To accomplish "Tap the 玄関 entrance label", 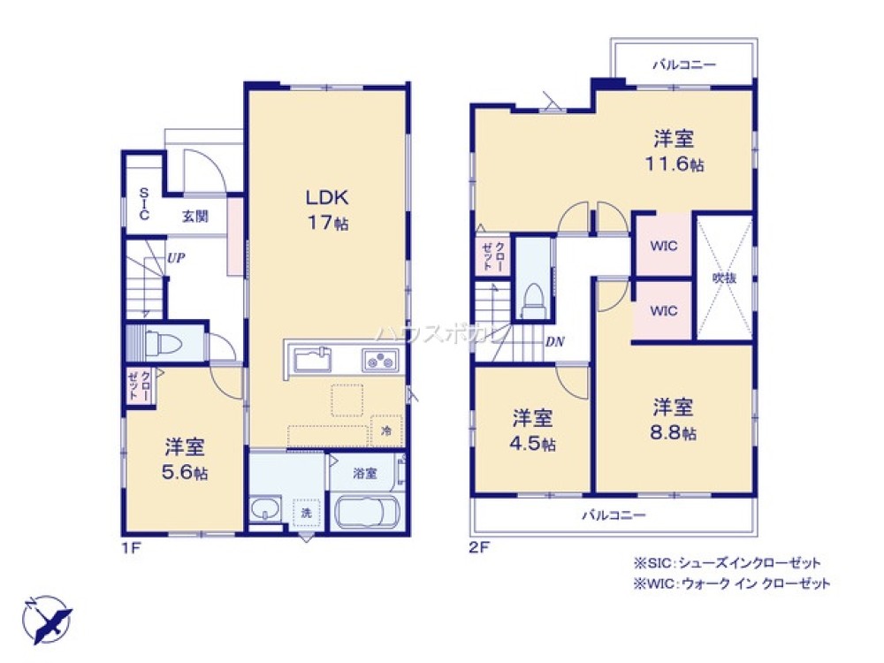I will (x=195, y=215).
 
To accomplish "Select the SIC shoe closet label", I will (x=143, y=203).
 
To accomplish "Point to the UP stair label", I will (x=175, y=258).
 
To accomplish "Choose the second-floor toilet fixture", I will (x=533, y=298).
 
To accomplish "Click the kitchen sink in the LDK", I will (x=311, y=360).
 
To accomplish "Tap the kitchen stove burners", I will (x=381, y=360).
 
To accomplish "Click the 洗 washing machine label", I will (x=305, y=512).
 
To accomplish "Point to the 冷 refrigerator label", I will (x=386, y=431).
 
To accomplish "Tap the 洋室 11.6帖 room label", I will (x=674, y=150).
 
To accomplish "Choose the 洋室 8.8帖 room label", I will (x=674, y=419).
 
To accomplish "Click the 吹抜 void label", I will (x=724, y=277).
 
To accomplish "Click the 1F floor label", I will (x=132, y=547).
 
